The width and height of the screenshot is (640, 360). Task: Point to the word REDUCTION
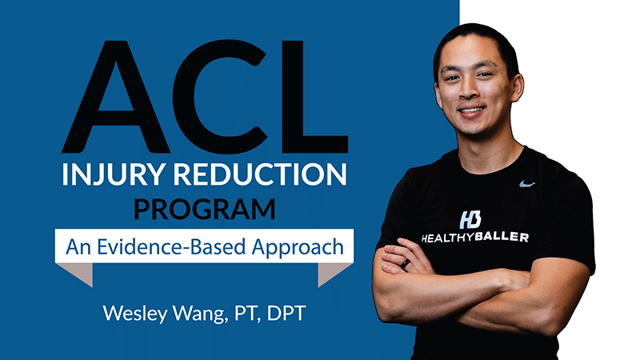(x=260, y=174)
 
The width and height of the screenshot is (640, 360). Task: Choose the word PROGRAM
(x=205, y=209)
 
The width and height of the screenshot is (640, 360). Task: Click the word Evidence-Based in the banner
(x=168, y=246)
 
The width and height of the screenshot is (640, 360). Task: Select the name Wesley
(x=135, y=314)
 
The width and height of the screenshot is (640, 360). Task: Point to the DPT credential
(x=286, y=313)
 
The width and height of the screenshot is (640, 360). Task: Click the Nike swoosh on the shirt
(x=527, y=184)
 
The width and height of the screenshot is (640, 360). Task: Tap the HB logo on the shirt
(x=470, y=220)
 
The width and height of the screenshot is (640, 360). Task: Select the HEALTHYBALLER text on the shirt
(x=474, y=237)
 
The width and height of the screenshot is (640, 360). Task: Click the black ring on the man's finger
(x=405, y=264)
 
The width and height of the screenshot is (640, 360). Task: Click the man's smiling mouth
(x=472, y=110)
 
